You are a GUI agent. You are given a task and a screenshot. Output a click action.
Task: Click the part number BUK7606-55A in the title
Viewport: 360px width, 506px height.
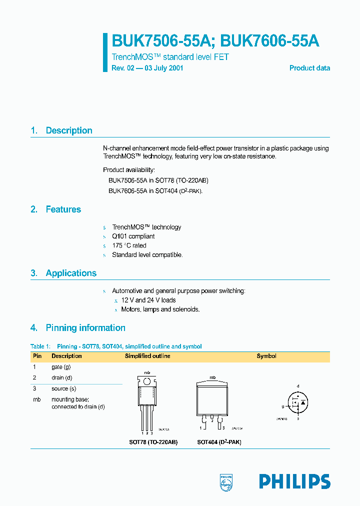(269, 41)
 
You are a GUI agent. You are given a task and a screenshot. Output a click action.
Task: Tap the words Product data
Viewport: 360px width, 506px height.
(309, 68)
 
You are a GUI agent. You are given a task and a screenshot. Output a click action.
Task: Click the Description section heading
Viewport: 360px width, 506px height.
(68, 130)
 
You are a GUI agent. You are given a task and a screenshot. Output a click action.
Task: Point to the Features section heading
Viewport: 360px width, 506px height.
(63, 209)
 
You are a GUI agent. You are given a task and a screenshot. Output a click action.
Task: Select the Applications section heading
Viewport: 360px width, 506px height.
(71, 273)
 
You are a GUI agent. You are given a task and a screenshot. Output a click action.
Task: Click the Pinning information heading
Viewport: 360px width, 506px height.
(85, 328)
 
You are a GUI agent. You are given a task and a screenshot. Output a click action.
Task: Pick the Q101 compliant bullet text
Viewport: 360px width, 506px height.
(133, 236)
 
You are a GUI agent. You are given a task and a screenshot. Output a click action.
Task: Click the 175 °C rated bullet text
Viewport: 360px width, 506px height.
(129, 245)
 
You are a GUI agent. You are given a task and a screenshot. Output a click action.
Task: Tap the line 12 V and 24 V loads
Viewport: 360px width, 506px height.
(148, 300)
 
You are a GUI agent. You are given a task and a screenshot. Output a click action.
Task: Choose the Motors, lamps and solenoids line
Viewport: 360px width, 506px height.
(160, 309)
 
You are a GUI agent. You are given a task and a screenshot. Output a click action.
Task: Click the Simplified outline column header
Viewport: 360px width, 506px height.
(147, 356)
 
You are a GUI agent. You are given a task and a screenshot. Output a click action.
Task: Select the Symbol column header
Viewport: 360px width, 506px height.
(266, 356)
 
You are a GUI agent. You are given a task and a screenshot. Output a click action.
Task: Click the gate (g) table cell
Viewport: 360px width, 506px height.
(61, 367)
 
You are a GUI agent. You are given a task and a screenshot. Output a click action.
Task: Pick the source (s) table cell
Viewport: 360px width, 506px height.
(63, 388)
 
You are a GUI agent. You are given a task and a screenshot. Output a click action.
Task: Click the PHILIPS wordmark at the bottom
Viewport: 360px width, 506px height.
(294, 481)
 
